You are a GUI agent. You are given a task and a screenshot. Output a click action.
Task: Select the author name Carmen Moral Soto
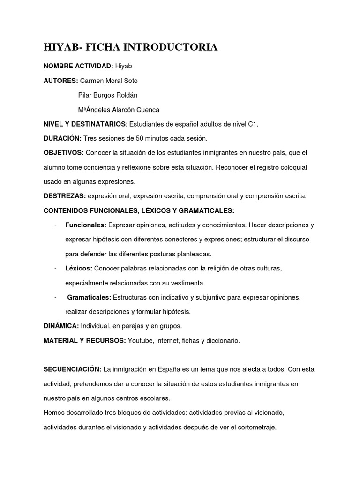(109, 81)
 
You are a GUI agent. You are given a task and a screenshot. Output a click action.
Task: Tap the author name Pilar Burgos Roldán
(108, 95)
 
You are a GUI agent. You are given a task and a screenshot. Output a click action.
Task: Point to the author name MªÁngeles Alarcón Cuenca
(119, 110)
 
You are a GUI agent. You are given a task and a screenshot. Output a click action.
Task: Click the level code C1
(253, 124)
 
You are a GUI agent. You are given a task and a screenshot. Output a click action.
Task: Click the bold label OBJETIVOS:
(64, 153)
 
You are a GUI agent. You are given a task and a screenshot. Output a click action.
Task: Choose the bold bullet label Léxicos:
(79, 268)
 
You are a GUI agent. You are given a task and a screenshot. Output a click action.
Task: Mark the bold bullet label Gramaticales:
(89, 297)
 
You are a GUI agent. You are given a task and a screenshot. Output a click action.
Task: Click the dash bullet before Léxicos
(55, 268)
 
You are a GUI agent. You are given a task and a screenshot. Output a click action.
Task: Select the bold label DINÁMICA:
(61, 326)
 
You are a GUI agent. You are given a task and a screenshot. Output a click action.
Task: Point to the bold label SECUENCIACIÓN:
(72, 369)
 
